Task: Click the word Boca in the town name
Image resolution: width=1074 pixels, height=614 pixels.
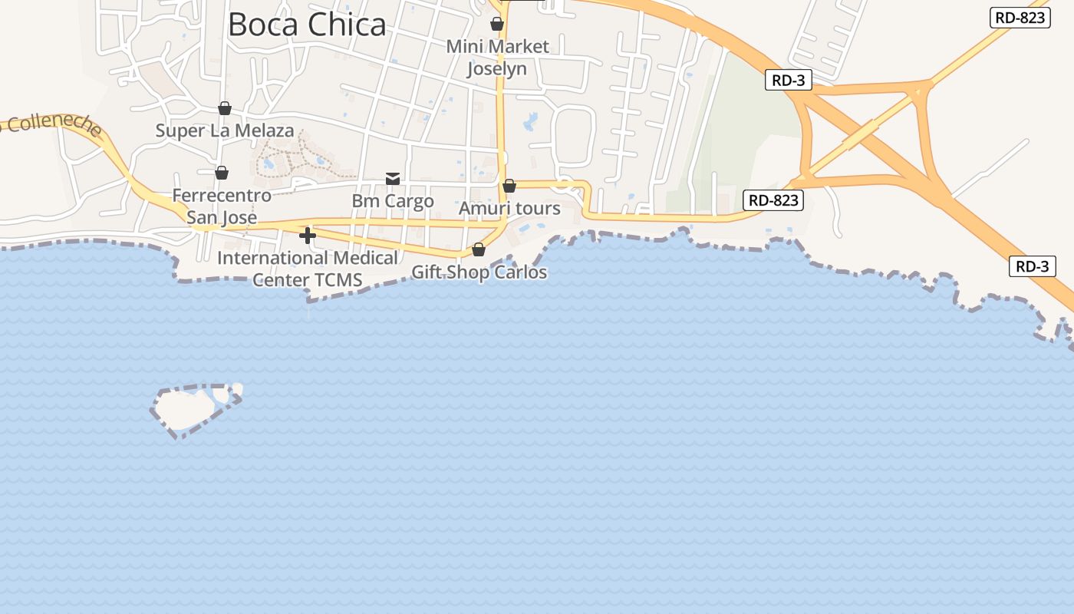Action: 264,25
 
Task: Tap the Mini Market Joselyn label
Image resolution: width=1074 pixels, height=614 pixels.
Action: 498,58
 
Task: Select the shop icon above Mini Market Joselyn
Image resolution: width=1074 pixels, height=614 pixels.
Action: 497,24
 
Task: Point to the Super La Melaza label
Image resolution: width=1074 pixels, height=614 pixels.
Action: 225,130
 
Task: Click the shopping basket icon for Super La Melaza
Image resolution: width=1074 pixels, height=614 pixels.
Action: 225,108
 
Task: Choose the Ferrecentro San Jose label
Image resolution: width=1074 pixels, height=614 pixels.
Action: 222,206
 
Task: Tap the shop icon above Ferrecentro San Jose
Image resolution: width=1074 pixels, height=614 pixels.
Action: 222,173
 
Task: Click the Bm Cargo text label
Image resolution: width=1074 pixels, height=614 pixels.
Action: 393,201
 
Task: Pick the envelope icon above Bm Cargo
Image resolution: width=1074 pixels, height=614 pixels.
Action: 393,179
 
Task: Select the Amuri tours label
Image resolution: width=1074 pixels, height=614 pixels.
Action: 509,209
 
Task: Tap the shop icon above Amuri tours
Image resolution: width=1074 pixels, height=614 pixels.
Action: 509,186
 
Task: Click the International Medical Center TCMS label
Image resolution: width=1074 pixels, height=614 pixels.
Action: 308,269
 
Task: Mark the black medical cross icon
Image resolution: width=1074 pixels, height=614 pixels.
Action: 308,236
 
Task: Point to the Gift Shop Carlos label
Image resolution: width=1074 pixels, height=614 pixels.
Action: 479,272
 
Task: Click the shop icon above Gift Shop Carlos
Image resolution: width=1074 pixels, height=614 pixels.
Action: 479,249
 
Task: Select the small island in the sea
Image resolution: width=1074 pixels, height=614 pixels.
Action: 188,408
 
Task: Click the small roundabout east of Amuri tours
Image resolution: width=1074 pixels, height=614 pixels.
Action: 565,183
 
